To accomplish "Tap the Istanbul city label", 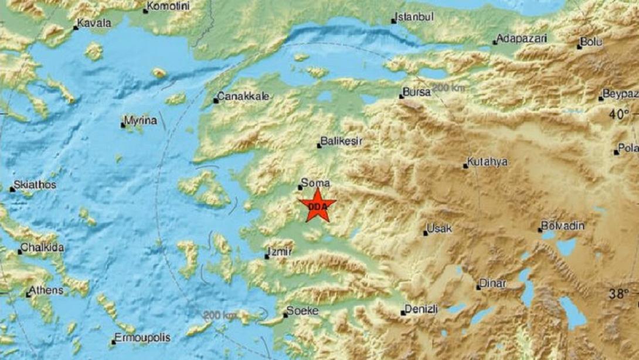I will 415,17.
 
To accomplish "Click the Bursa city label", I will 418,93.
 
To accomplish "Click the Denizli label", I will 423,308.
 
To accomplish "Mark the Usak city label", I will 440,229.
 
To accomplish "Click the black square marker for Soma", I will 300,188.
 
